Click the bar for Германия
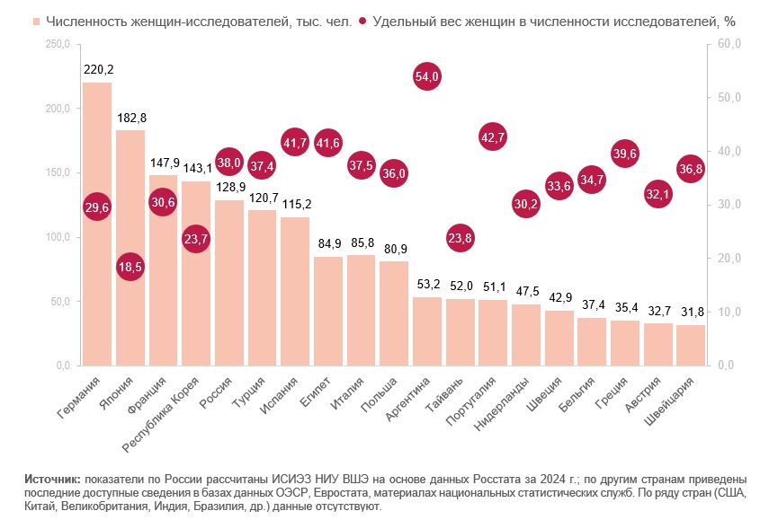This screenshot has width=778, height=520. [x=97, y=269]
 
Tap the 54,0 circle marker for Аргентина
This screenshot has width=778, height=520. [x=426, y=77]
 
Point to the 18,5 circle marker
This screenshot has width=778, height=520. [x=130, y=267]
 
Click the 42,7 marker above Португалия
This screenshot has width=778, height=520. [x=492, y=137]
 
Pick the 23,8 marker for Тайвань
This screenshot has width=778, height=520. [x=460, y=238]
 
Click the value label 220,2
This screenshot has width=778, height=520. [x=97, y=68]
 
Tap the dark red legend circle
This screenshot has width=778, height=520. [x=362, y=21]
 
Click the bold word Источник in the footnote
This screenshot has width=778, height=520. [x=53, y=481]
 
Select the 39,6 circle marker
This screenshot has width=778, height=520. [x=624, y=154]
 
